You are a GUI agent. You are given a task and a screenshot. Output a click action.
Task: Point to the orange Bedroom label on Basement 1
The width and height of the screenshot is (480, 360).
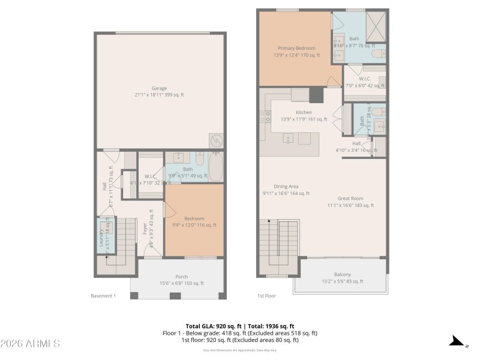click(194, 218)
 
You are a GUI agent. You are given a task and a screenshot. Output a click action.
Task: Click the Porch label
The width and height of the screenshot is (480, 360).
click(181, 277)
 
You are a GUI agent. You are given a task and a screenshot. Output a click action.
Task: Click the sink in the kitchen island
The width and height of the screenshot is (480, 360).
click(289, 139)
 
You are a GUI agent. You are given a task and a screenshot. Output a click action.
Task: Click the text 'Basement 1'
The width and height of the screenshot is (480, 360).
click(103, 296)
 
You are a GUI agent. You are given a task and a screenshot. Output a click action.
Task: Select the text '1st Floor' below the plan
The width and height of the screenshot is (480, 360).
click(266, 296)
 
